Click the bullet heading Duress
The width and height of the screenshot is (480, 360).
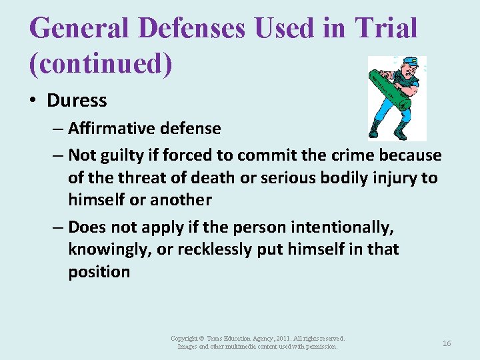click(x=77, y=101)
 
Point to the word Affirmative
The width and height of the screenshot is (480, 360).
click(x=111, y=128)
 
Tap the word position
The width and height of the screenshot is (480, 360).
click(x=99, y=272)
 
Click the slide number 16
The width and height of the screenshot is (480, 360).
click(x=447, y=343)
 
